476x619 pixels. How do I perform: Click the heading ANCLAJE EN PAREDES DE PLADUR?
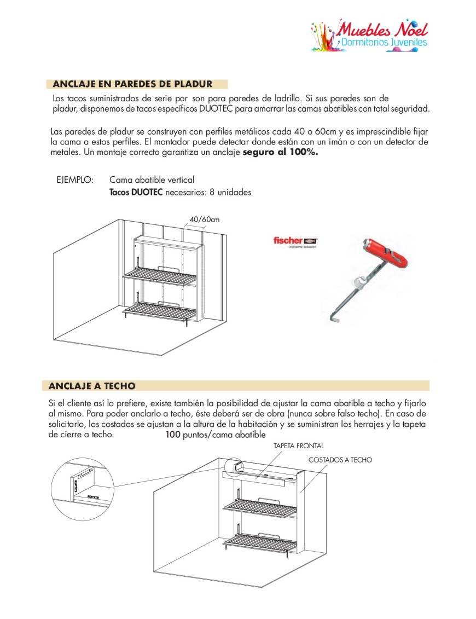click(132, 84)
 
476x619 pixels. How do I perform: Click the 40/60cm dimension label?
click(205, 219)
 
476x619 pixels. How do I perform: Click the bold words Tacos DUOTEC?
click(136, 193)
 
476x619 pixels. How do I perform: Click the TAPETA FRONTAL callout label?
click(299, 446)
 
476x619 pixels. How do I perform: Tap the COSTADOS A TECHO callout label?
click(340, 460)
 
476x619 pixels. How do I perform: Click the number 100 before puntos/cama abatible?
click(173, 435)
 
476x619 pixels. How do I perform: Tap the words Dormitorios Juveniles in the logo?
click(383, 42)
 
